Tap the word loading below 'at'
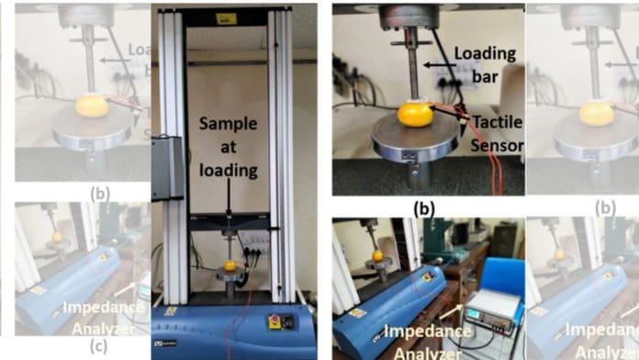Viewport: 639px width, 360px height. coord(224,169)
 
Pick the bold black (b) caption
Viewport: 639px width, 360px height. coord(423,208)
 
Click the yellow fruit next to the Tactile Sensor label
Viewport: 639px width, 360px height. coord(415,115)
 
